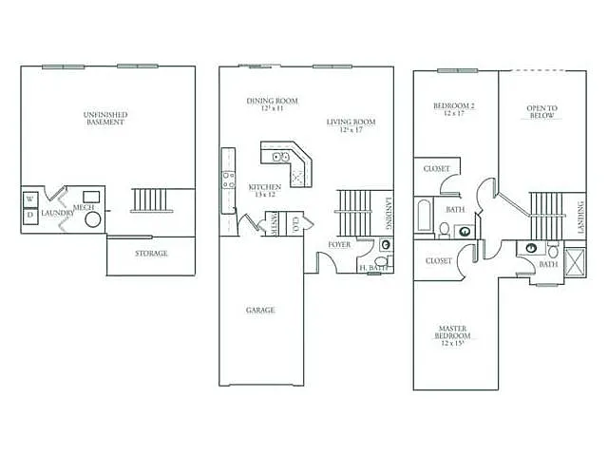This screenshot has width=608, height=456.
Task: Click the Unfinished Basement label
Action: [106, 119]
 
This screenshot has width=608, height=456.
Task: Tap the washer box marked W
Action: [29, 199]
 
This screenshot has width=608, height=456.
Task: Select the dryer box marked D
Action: [29, 215]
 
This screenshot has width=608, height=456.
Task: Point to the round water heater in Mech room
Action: [93, 218]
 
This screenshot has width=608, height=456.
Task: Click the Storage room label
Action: [150, 254]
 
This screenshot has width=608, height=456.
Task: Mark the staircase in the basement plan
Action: [152, 200]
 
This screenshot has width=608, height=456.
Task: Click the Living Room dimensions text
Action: [351, 129]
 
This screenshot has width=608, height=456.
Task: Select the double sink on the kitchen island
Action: [281, 157]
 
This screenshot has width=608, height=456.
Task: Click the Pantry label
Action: [275, 224]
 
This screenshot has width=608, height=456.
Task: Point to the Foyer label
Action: [339, 244]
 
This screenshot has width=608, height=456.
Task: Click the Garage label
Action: [260, 310]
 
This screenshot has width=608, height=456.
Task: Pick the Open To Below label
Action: [541, 112]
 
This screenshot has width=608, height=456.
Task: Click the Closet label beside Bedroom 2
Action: [437, 168]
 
